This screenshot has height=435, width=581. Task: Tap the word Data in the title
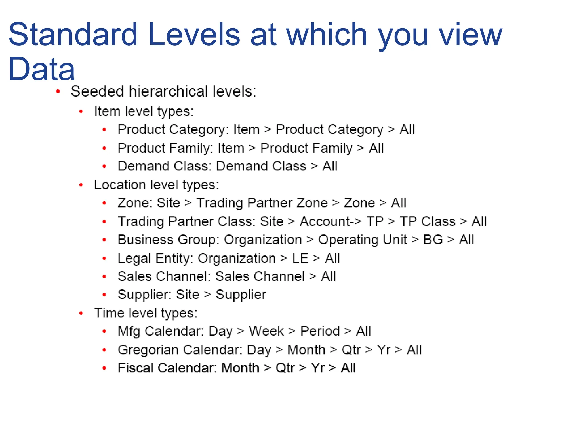click(42, 69)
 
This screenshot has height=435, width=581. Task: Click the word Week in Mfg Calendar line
click(266, 331)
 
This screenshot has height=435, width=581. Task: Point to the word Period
click(320, 331)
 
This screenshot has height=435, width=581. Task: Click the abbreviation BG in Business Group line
click(433, 240)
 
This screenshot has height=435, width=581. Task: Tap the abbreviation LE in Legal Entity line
click(300, 258)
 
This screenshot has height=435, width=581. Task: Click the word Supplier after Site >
click(241, 295)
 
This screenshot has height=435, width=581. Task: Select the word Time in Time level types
click(105, 313)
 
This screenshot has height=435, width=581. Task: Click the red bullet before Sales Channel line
click(104, 277)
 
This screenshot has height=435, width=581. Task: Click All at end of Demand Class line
click(330, 166)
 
